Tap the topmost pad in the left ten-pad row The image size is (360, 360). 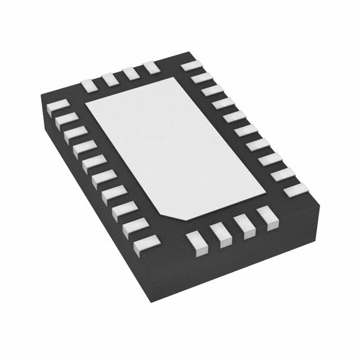coord(58,106)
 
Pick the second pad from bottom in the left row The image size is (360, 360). coord(137,227)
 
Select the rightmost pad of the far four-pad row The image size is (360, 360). coord(151,67)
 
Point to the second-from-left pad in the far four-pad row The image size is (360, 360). coord(110,79)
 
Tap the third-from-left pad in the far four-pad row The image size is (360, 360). coord(130,73)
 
